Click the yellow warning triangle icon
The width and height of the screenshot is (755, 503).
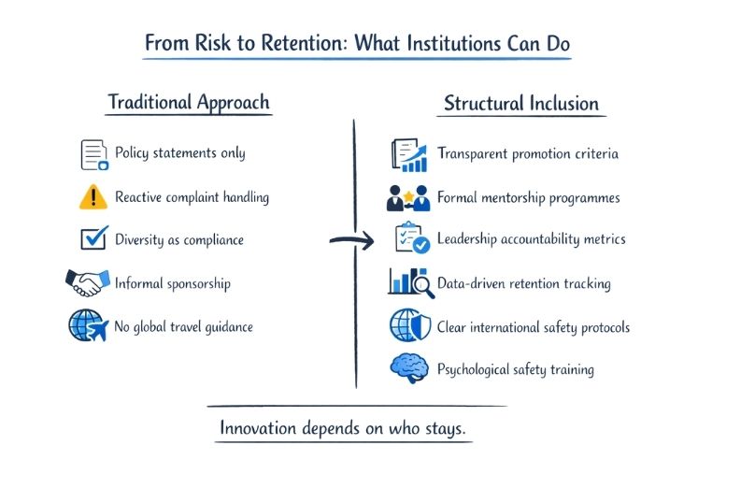pyautogui.click(x=93, y=197)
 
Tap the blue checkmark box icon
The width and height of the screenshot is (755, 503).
pyautogui.click(x=93, y=239)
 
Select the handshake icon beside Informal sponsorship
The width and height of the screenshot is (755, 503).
pyautogui.click(x=88, y=282)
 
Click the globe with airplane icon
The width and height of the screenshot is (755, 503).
pyautogui.click(x=89, y=325)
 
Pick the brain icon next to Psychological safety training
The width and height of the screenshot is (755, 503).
pyautogui.click(x=408, y=368)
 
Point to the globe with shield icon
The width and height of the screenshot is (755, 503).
pyautogui.click(x=409, y=326)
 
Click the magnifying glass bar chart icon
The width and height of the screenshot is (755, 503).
pyautogui.click(x=410, y=282)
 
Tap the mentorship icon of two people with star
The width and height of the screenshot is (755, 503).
pyautogui.click(x=408, y=198)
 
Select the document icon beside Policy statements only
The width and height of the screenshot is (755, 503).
pyautogui.click(x=94, y=154)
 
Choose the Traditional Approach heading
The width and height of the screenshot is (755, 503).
pyautogui.click(x=189, y=102)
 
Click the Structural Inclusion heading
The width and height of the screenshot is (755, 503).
pyautogui.click(x=520, y=102)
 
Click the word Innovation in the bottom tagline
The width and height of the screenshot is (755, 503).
pyautogui.click(x=259, y=428)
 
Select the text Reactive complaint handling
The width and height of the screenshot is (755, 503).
pyautogui.click(x=192, y=197)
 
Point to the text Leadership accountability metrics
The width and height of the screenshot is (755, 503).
pyautogui.click(x=531, y=239)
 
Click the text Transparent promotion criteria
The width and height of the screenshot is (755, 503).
pyautogui.click(x=527, y=154)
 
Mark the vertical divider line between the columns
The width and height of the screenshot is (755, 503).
pyautogui.click(x=355, y=252)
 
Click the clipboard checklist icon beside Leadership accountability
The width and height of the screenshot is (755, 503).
pyautogui.click(x=410, y=239)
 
